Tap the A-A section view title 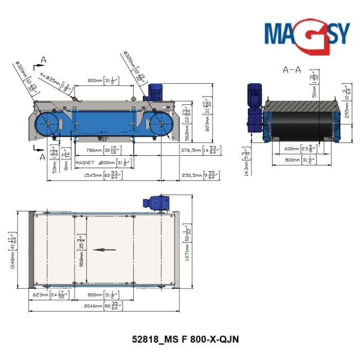pyautogui.click(x=292, y=69)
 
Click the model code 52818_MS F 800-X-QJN pyautogui.click(x=185, y=339)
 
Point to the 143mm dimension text pyautogui.click(x=247, y=166)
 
